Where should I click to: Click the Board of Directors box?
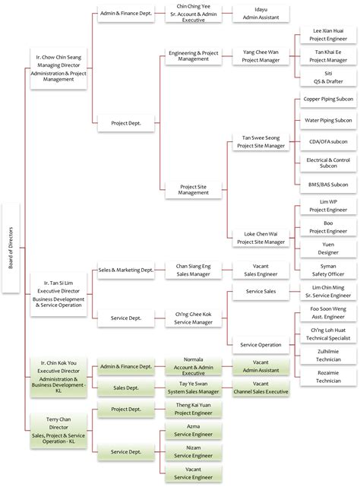(x=11, y=248)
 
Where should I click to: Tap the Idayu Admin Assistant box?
(x=261, y=14)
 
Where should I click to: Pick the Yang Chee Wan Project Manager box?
(x=261, y=55)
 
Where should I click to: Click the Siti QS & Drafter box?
(x=327, y=77)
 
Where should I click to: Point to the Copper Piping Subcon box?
(x=327, y=99)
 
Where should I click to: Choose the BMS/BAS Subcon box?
(x=327, y=185)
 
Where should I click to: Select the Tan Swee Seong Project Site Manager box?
(x=261, y=141)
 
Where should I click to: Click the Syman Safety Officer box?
(x=327, y=270)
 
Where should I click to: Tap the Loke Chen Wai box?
(x=261, y=238)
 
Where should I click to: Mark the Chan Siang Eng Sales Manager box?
(x=193, y=270)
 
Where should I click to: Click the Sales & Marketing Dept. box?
(x=126, y=270)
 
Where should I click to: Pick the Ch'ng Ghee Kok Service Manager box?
(x=193, y=317)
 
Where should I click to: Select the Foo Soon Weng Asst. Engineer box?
(x=327, y=314)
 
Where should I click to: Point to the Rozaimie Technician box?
(x=327, y=378)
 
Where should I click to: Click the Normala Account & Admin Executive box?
(x=193, y=366)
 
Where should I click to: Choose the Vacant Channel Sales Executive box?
(x=261, y=388)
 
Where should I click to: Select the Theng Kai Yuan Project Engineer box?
(x=193, y=410)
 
